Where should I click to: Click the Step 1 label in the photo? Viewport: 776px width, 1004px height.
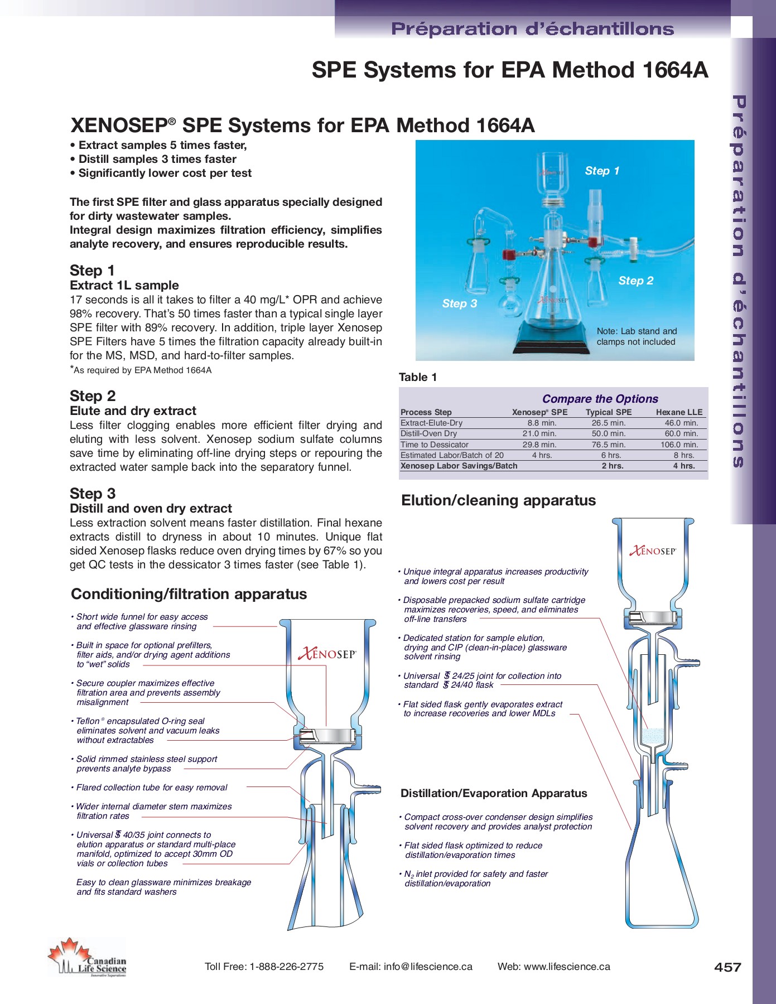[x=602, y=171]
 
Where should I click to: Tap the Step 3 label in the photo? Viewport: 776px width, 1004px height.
[x=459, y=303]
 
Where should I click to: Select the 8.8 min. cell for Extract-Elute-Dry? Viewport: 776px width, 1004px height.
[x=541, y=423]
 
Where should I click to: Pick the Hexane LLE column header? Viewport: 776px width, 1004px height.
[x=679, y=412]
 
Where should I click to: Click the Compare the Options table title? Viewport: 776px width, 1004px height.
[x=600, y=398]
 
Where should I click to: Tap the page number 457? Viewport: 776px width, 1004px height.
[x=727, y=967]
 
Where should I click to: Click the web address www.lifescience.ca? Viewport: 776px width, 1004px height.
[x=567, y=967]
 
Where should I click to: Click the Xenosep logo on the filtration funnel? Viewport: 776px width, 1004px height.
[x=327, y=654]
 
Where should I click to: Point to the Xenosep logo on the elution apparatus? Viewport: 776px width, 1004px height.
[x=652, y=551]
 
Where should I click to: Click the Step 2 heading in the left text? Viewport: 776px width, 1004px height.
[x=93, y=396]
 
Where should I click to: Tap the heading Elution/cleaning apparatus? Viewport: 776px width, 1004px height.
[x=498, y=500]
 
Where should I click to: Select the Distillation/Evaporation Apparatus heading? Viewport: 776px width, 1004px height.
[x=494, y=793]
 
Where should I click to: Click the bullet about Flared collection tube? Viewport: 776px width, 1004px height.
[x=152, y=788]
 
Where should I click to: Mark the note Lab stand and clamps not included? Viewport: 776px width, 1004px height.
[x=637, y=336]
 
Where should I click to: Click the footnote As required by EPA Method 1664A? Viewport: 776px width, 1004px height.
[x=142, y=370]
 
